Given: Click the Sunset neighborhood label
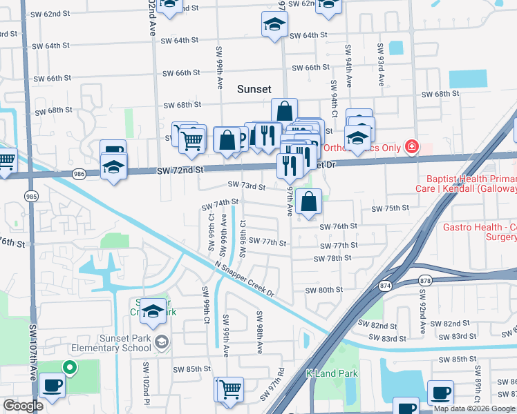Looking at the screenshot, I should [x=254, y=89].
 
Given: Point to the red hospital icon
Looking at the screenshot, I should [x=412, y=146].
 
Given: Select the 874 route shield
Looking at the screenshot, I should [x=384, y=285].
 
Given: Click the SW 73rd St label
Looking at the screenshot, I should [x=247, y=186].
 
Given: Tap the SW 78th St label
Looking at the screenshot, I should [x=332, y=258].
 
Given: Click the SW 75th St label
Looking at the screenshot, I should [x=391, y=208].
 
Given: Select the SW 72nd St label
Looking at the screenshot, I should [x=180, y=170].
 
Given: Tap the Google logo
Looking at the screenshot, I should [x=23, y=406].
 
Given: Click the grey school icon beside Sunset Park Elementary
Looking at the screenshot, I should [x=161, y=342].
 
